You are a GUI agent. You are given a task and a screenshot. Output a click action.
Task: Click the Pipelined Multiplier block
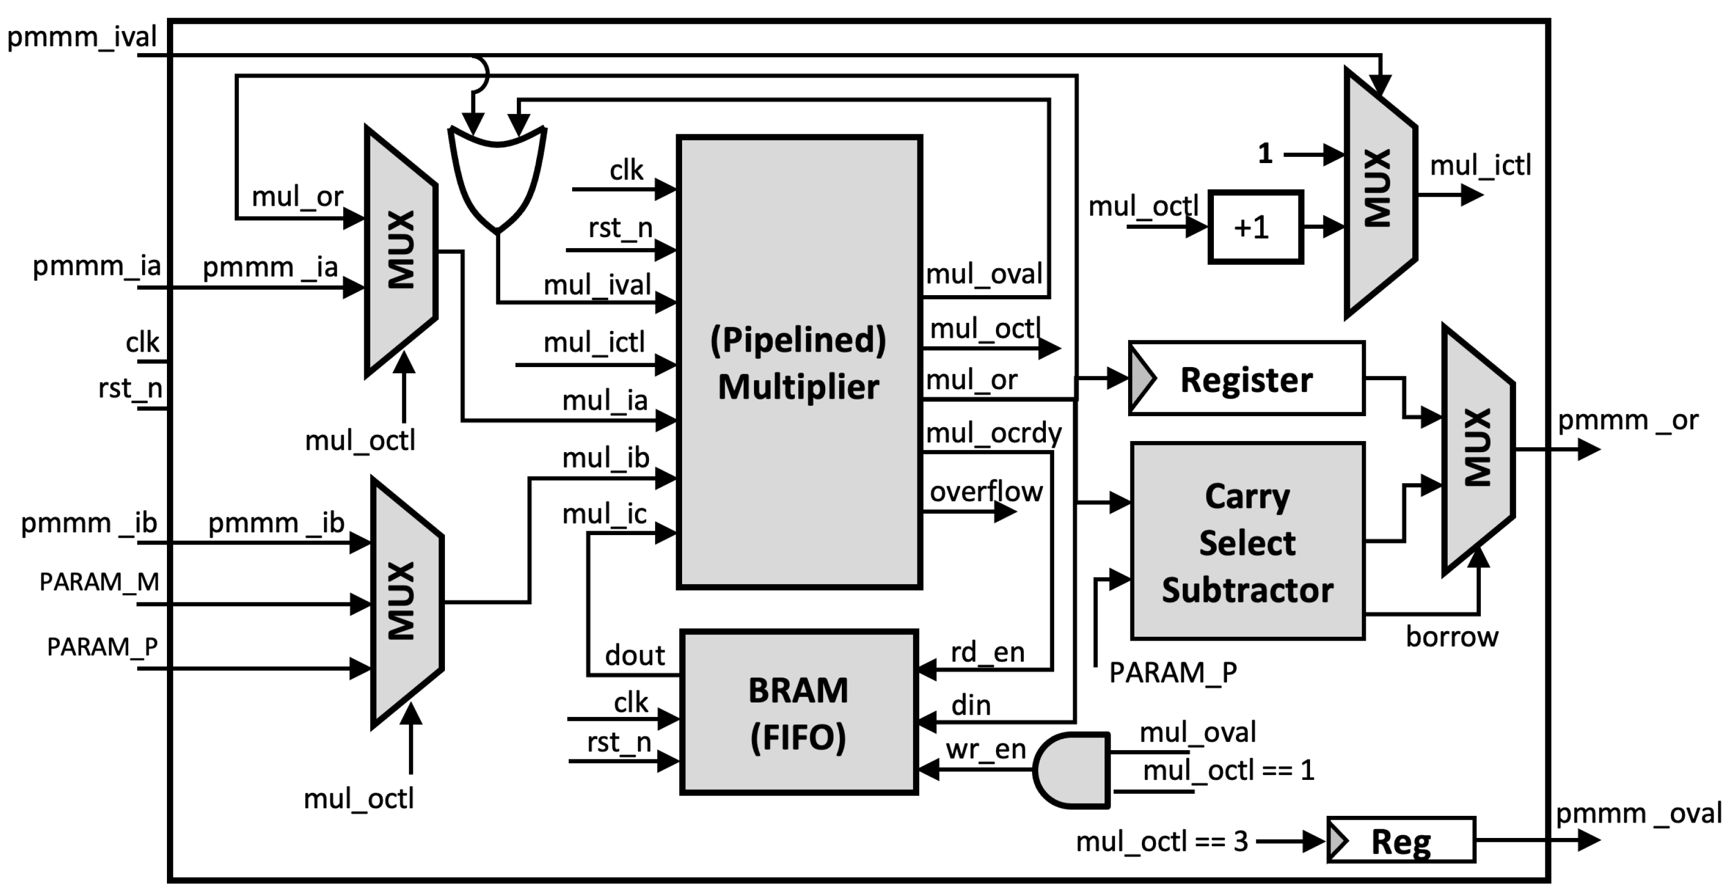(x=799, y=363)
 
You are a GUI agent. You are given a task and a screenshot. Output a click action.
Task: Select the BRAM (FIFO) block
(x=799, y=713)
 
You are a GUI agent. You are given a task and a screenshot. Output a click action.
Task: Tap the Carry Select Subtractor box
(x=1247, y=541)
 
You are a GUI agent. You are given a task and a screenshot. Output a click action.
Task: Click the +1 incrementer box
(x=1255, y=228)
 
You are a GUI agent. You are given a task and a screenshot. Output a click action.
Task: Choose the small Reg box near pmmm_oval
(x=1401, y=840)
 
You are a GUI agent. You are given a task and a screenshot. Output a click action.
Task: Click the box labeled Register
(x=1247, y=379)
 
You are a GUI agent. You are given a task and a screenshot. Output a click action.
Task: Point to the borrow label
(x=1452, y=637)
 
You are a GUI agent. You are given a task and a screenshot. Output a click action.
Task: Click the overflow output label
(x=986, y=492)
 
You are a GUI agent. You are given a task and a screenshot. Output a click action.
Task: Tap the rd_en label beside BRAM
(x=987, y=652)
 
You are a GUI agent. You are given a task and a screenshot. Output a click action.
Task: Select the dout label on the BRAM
(x=635, y=655)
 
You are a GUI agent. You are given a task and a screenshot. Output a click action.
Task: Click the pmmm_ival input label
(x=82, y=36)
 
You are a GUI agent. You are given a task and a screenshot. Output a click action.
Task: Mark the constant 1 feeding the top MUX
(x=1265, y=154)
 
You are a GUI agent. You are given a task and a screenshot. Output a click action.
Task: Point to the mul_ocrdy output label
(x=993, y=433)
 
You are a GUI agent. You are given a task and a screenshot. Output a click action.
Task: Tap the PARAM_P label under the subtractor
(x=1172, y=672)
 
